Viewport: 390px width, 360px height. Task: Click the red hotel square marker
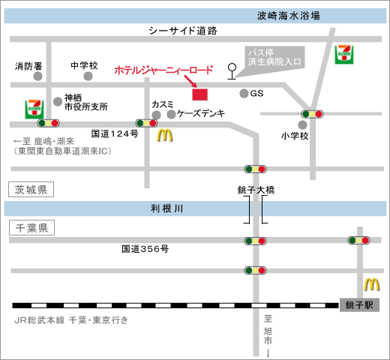pos(199,94)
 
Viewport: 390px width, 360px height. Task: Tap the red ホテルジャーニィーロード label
pos(163,70)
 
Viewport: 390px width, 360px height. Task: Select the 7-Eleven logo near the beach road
pos(344,55)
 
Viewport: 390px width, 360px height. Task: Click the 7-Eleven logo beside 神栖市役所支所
pos(34,109)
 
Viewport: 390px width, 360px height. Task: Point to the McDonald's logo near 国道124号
pos(165,135)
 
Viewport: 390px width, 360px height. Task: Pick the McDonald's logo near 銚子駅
pos(372,284)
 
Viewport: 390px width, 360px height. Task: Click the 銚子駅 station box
pos(359,305)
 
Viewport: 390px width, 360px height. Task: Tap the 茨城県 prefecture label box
pos(31,190)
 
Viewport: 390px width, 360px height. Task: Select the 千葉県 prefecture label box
pos(31,228)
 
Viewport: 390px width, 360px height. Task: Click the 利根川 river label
pos(166,208)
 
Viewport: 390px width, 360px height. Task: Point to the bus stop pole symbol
pos(232,71)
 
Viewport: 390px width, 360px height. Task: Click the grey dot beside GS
pos(244,93)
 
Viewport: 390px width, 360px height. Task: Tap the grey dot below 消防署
pos(37,76)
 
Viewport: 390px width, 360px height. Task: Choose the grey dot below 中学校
pos(88,76)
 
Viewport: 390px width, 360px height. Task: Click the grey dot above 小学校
pos(302,124)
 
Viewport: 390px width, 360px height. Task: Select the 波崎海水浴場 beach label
pos(289,16)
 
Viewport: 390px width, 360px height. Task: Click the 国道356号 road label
pos(145,249)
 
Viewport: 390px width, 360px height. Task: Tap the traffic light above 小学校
pos(312,114)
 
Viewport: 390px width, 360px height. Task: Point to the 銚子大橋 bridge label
pos(256,190)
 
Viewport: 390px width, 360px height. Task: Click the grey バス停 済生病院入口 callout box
pos(274,58)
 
